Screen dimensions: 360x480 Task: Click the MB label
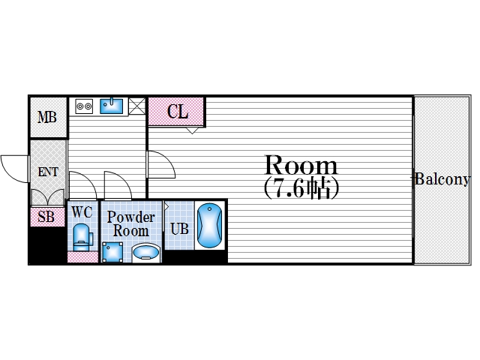pyautogui.click(x=48, y=118)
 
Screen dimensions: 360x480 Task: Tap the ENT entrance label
pyautogui.click(x=48, y=172)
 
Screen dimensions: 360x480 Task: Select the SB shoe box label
pyautogui.click(x=46, y=217)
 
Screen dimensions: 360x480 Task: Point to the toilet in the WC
pyautogui.click(x=82, y=238)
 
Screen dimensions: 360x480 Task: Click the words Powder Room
pyautogui.click(x=131, y=223)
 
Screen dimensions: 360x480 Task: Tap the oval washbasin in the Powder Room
pyautogui.click(x=146, y=253)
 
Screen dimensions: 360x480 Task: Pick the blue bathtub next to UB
pyautogui.click(x=210, y=225)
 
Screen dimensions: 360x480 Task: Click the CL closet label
pyautogui.click(x=177, y=112)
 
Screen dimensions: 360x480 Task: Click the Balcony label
pyautogui.click(x=442, y=179)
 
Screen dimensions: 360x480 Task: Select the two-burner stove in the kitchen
pyautogui.click(x=84, y=106)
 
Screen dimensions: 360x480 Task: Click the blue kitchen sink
pyautogui.click(x=112, y=106)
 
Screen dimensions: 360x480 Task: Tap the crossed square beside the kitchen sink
pyautogui.click(x=136, y=106)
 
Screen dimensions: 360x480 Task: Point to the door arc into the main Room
pyautogui.click(x=160, y=163)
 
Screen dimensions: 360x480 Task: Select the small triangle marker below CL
pyautogui.click(x=193, y=129)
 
